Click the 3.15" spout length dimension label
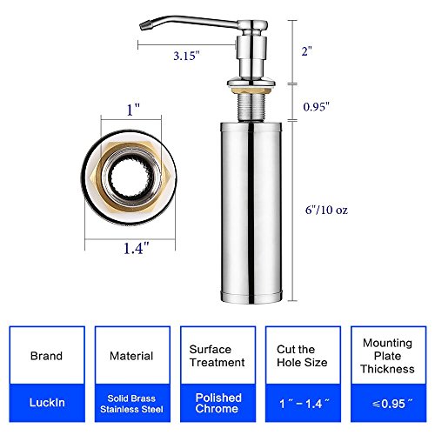pyautogui.click(x=186, y=56)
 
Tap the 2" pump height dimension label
pyautogui.click(x=307, y=51)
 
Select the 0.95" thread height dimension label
pyautogui.click(x=317, y=107)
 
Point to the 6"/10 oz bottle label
pyautogui.click(x=326, y=210)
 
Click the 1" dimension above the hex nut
pyautogui.click(x=133, y=110)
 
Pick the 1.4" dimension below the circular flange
pyautogui.click(x=136, y=248)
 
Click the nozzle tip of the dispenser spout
pyautogui.click(x=143, y=26)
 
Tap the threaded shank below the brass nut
pyautogui.click(x=251, y=107)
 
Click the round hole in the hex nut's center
pyautogui.click(x=130, y=177)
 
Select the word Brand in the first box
pyautogui.click(x=46, y=356)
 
